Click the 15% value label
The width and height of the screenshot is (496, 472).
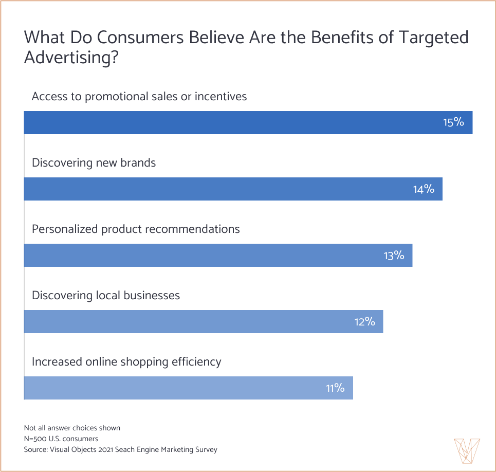[x=453, y=123]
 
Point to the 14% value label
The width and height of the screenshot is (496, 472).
[x=424, y=189]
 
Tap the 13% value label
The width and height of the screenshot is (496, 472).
[x=394, y=256]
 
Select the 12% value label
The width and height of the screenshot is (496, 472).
[x=364, y=322]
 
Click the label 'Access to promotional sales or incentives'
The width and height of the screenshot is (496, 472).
[x=139, y=97]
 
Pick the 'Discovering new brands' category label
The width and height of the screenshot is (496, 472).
[x=94, y=163]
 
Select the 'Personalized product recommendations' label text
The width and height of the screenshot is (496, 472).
[x=136, y=229]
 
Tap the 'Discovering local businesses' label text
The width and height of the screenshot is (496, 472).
[x=106, y=296]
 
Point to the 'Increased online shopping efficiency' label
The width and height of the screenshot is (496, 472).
[x=126, y=362]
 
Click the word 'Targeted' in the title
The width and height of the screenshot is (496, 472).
[x=432, y=38]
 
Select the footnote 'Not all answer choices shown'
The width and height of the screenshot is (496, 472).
[x=72, y=428]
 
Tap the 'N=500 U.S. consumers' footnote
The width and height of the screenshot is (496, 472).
[x=61, y=439]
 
